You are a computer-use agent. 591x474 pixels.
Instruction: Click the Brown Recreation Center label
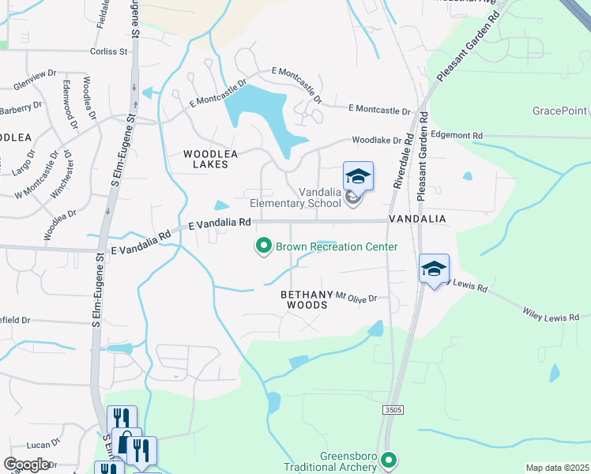336,246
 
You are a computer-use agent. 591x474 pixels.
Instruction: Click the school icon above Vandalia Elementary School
358,177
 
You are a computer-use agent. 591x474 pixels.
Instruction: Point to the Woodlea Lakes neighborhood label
205,160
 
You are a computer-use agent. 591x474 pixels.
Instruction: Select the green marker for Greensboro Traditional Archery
388,459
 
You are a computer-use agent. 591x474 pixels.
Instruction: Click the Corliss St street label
108,51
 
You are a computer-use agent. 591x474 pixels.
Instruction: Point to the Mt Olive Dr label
356,297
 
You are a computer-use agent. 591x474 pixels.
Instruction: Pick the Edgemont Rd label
456,136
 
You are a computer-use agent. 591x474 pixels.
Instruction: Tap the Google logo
27,465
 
